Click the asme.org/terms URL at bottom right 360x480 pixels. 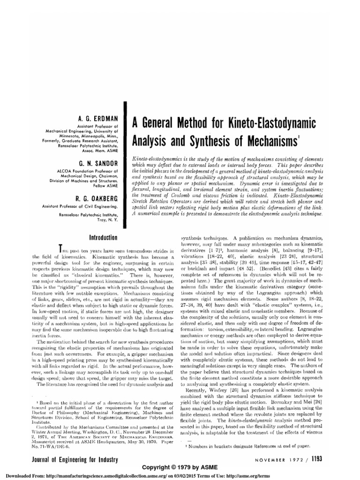tap(336, 476)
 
